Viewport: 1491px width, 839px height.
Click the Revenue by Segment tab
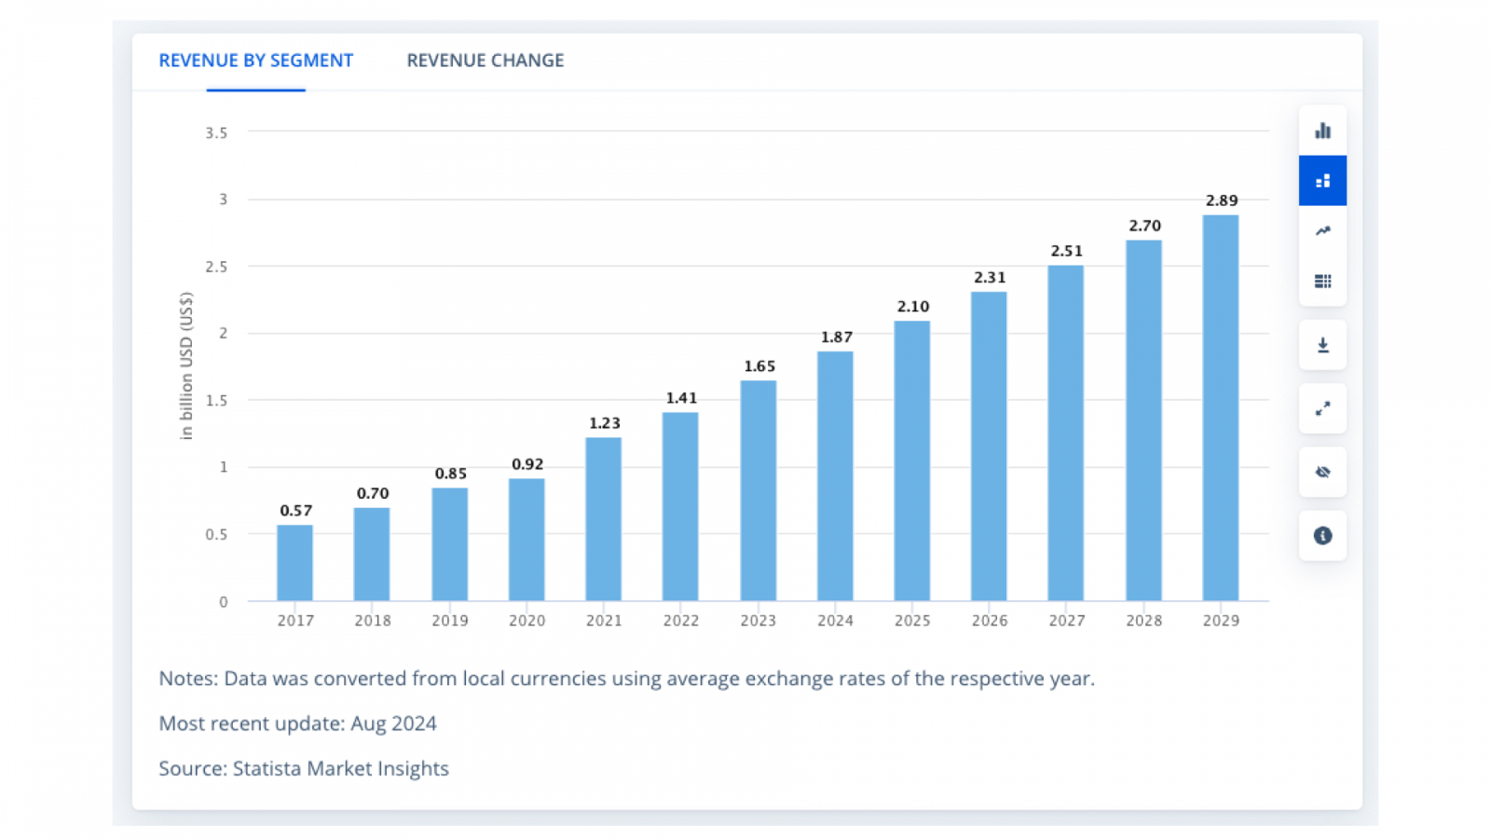255,61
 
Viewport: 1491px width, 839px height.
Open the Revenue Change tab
485,61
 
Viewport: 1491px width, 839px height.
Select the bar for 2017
294,563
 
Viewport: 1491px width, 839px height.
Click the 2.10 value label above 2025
912,307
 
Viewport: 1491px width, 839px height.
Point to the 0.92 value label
527,464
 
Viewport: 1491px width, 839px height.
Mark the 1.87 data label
836,337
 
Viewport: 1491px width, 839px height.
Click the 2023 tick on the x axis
758,621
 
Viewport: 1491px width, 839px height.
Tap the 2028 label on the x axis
1143,621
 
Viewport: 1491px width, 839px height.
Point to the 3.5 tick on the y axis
216,133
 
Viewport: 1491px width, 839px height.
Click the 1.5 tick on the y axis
216,401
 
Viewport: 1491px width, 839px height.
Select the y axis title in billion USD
186,365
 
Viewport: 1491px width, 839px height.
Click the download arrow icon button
1322,345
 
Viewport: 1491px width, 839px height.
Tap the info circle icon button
1322,535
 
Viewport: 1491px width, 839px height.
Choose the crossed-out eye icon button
1322,472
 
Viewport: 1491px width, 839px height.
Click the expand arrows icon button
1322,408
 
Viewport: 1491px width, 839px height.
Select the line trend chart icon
1322,231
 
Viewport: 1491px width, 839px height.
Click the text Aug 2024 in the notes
393,723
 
